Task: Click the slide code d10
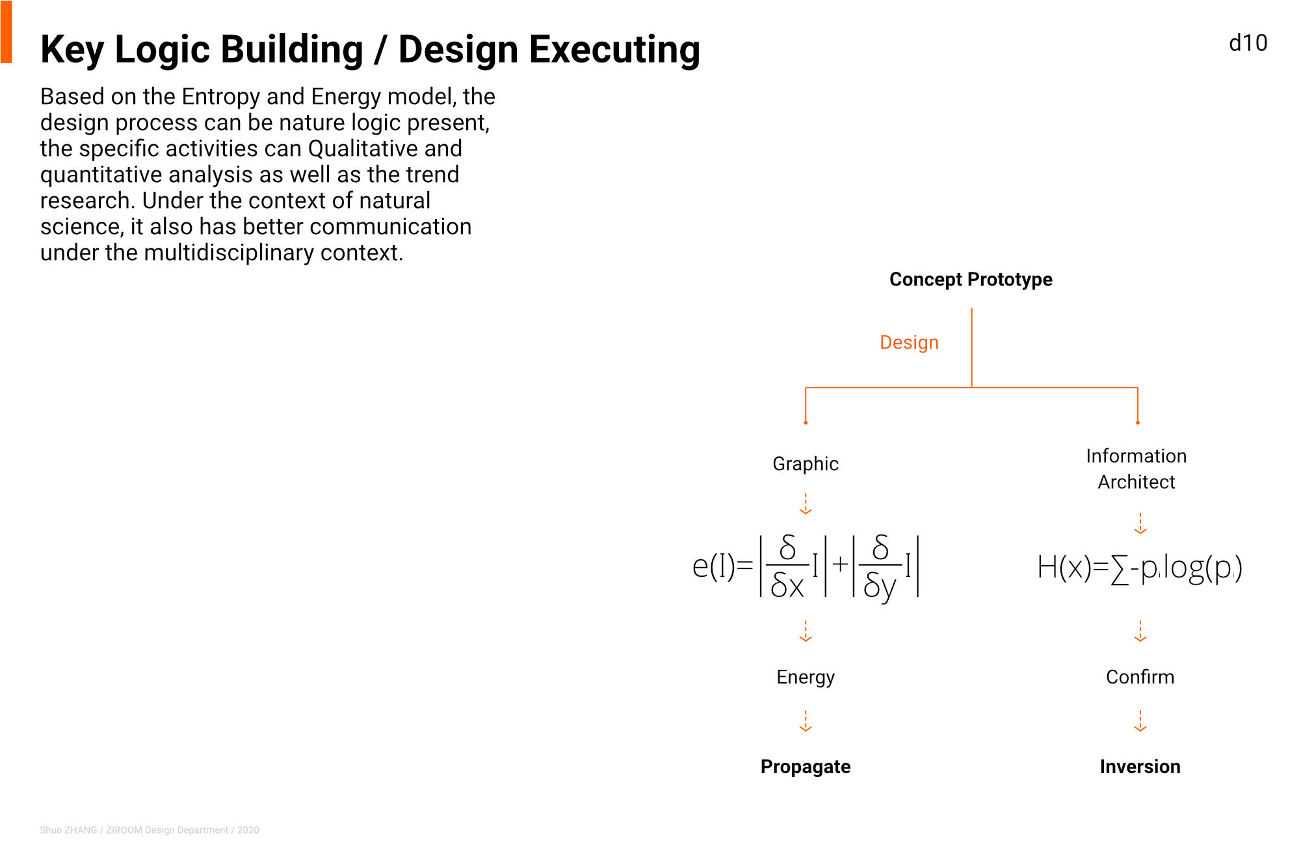pyautogui.click(x=1248, y=43)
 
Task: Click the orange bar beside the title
pyautogui.click(x=7, y=32)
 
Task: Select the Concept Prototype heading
pyautogui.click(x=971, y=280)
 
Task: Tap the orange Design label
pyautogui.click(x=909, y=342)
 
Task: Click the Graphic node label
pyautogui.click(x=806, y=464)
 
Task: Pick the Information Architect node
pyautogui.click(x=1137, y=469)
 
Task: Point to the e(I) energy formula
pyautogui.click(x=806, y=566)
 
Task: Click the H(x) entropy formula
pyautogui.click(x=1140, y=568)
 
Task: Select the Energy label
pyautogui.click(x=806, y=677)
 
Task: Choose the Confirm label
pyautogui.click(x=1140, y=677)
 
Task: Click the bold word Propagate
pyautogui.click(x=806, y=767)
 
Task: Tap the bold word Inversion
pyautogui.click(x=1140, y=767)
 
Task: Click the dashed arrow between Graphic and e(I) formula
pyautogui.click(x=806, y=504)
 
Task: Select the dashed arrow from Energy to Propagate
pyautogui.click(x=806, y=721)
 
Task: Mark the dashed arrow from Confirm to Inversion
pyautogui.click(x=1140, y=721)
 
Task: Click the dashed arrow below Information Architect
pyautogui.click(x=1140, y=523)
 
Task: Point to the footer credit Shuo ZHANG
pyautogui.click(x=68, y=830)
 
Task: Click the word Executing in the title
pyautogui.click(x=614, y=49)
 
